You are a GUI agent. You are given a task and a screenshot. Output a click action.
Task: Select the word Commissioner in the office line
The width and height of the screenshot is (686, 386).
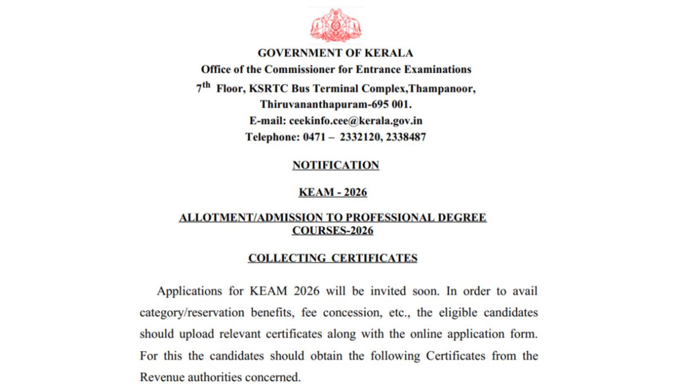[307, 70]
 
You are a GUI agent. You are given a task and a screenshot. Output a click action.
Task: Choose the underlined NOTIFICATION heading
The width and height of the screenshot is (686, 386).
[336, 165]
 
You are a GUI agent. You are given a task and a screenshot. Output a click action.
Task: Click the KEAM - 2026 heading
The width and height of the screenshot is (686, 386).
[333, 193]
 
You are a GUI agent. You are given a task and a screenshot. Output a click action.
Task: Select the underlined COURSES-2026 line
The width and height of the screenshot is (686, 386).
[333, 231]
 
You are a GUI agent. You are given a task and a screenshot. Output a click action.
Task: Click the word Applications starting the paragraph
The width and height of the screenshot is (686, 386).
[189, 291]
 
